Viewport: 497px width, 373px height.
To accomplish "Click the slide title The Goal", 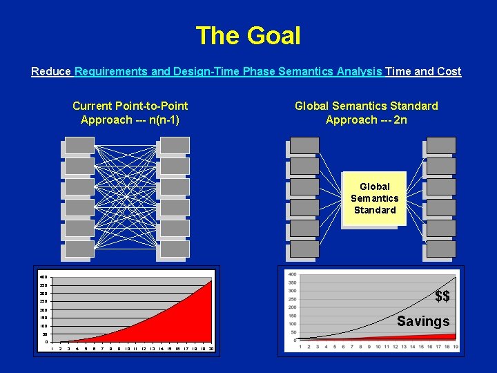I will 248,35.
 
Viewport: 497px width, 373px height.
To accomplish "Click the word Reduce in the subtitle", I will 51,71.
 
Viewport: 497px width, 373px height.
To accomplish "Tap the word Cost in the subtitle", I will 449,71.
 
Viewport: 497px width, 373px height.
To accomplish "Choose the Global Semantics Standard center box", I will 374,198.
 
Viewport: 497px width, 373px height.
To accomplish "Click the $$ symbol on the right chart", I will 442,296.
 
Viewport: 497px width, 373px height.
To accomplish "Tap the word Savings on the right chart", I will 422,321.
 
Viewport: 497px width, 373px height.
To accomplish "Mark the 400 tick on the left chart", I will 43,277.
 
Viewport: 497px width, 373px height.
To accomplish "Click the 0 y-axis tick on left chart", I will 46,342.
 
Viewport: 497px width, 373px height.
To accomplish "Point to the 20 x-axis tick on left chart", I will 211,348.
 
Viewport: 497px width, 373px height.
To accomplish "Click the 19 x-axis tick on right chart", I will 456,346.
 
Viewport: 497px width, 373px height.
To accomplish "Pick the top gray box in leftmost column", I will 79,145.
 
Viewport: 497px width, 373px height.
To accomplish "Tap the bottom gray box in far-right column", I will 441,249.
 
